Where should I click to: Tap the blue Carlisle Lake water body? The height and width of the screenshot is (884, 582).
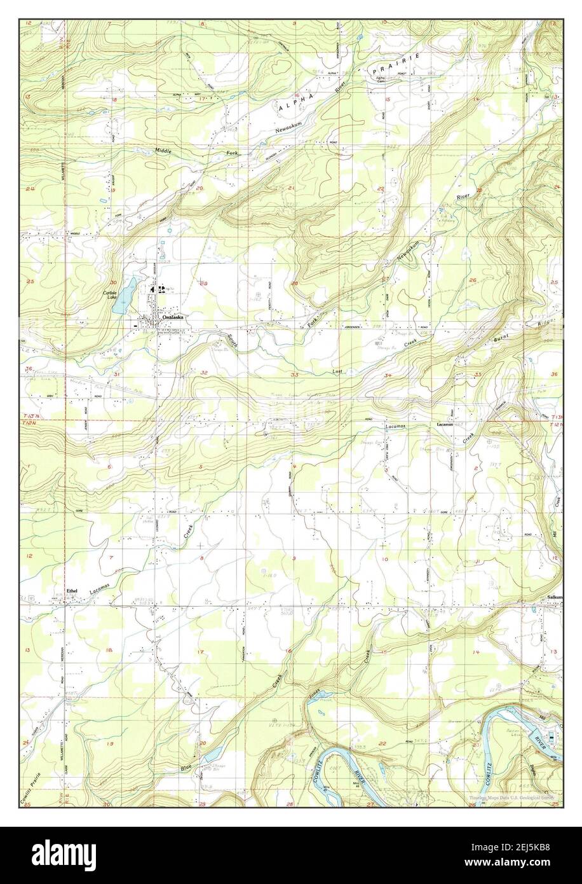point(123,296)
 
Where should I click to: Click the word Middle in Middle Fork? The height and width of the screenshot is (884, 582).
point(163,150)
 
